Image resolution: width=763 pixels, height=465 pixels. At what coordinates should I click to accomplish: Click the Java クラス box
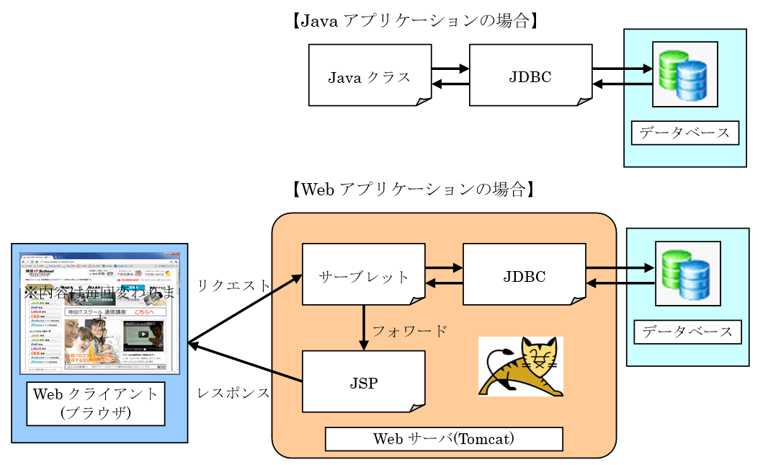coord(370,76)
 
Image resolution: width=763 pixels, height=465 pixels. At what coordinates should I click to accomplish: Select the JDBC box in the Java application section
coord(530,76)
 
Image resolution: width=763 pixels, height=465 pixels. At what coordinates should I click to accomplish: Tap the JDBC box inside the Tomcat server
coord(524,275)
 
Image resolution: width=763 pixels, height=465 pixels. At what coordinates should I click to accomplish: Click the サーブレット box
coord(363,275)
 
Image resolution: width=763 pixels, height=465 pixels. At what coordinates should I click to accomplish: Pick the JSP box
coord(363,382)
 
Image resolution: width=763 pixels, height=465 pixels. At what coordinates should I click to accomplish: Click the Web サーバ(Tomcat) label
coord(443,438)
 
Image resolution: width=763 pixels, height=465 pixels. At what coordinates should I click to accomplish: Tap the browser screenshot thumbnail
coord(99,313)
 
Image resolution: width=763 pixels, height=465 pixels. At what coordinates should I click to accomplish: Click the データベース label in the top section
coord(684,133)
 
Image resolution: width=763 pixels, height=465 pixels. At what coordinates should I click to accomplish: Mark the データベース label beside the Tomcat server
coord(687,332)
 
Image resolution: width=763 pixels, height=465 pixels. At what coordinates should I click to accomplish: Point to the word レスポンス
coord(233,394)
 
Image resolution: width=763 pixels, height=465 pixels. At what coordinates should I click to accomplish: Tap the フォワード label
coord(409,331)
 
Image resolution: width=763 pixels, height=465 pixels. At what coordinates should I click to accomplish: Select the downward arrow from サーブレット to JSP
coord(364,328)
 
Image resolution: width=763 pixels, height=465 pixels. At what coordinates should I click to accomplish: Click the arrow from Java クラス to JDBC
coord(450,69)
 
